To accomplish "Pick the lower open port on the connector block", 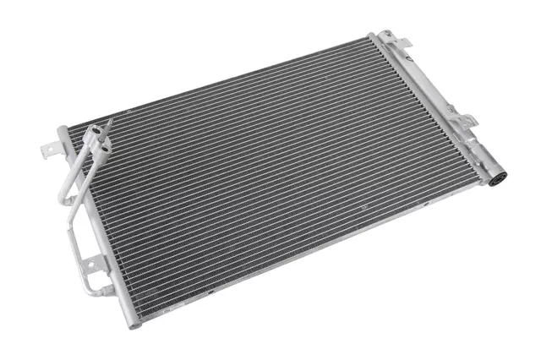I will pyautogui.click(x=104, y=146).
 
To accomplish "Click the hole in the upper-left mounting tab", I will pyautogui.click(x=48, y=150).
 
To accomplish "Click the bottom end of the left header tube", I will pyautogui.click(x=135, y=323).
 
